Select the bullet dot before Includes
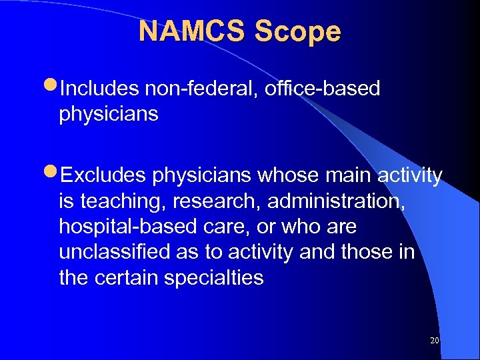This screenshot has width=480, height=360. tap(53, 88)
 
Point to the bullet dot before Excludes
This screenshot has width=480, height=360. tap(53, 175)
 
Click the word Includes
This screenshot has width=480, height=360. tap(99, 89)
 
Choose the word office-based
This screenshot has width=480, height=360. tap(321, 89)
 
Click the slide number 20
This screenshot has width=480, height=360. tap(435, 341)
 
